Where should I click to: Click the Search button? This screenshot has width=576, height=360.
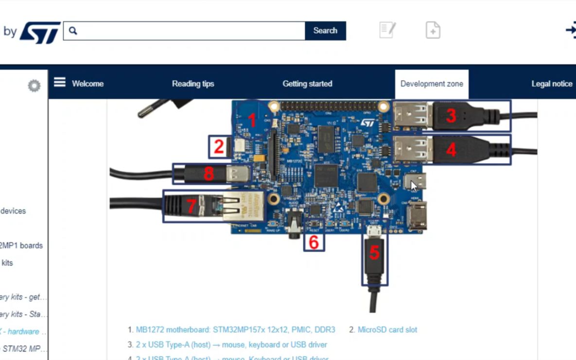[x=325, y=31]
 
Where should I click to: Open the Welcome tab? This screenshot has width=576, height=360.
[x=87, y=84]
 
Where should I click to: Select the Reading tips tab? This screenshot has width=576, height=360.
[x=193, y=84]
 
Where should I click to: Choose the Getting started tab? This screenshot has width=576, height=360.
[x=307, y=84]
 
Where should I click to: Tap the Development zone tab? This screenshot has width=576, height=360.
[x=432, y=84]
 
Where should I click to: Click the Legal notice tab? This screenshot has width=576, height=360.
[x=552, y=84]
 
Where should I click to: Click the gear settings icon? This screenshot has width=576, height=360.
[x=34, y=86]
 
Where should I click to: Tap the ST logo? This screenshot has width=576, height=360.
[x=40, y=32]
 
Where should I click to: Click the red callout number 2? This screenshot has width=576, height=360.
[x=219, y=147]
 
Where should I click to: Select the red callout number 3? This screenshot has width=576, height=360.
[x=451, y=116]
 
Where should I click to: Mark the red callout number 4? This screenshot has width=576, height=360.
[x=451, y=150]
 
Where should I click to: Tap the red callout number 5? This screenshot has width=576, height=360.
[x=374, y=253]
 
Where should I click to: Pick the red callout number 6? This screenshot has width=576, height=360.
[x=314, y=242]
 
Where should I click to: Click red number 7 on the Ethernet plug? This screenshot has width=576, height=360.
[x=191, y=206]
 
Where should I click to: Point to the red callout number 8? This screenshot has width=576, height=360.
[x=209, y=173]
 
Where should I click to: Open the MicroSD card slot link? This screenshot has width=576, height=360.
[x=387, y=329]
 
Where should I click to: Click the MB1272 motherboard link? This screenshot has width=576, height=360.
[x=235, y=329]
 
